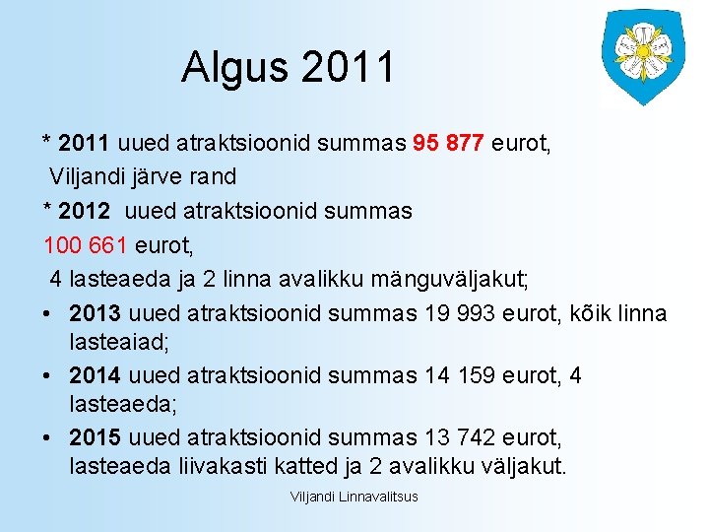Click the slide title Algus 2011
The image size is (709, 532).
tap(288, 68)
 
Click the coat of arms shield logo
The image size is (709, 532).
tap(643, 55)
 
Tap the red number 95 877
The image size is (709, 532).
tap(448, 144)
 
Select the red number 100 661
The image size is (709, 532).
tap(85, 244)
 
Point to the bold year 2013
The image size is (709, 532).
tap(95, 313)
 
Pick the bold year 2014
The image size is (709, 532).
tap(95, 375)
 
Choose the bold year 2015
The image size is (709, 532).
tap(95, 436)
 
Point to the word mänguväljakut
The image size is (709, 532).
tap(449, 280)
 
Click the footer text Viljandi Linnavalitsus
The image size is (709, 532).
tap(354, 497)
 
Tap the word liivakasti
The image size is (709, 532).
tap(197, 465)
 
